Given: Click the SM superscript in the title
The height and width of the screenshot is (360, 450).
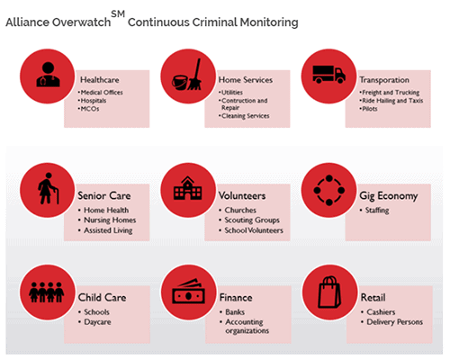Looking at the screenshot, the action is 118,13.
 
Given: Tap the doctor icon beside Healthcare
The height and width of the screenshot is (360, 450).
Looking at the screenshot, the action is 48,75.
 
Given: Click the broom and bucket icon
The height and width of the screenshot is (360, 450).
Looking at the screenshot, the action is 187,75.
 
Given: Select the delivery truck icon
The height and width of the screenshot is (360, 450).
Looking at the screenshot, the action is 328,74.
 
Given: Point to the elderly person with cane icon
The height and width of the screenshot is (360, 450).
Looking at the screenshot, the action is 48,188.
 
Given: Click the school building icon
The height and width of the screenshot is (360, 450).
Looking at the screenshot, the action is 188,188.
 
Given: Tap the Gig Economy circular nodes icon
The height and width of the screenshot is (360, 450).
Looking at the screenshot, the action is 329,190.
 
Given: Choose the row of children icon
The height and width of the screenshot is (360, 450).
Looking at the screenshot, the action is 47,292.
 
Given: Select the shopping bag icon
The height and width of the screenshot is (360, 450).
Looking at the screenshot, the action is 329,292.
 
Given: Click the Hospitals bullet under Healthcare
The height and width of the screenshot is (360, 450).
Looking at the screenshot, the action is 92,101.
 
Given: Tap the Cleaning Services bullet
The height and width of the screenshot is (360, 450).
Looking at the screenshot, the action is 244,116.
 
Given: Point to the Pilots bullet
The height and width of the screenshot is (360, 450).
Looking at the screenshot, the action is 368,109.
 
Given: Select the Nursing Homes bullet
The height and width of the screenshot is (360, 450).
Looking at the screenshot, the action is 107,220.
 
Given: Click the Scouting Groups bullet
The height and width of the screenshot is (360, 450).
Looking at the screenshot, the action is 249,220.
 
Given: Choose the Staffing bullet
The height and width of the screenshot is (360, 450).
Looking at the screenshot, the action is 374,211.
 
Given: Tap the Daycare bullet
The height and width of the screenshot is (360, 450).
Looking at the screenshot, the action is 94,322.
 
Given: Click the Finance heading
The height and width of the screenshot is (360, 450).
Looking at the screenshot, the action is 236,298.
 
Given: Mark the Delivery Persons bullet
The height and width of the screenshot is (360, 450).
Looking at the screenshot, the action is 392,322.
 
